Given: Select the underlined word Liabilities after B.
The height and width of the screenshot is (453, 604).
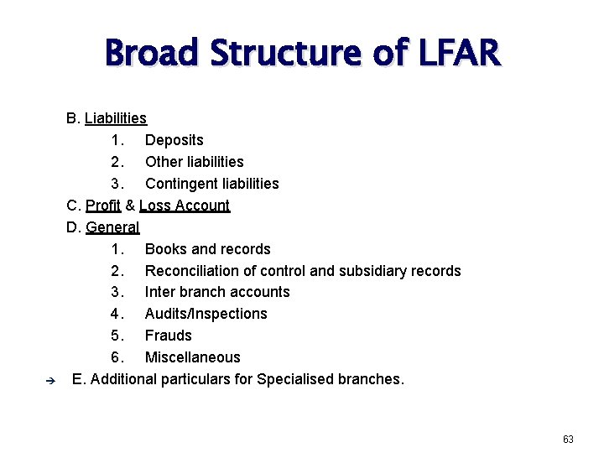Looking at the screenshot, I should pos(116,118).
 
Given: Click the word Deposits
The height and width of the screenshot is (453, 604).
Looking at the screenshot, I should pos(174,140).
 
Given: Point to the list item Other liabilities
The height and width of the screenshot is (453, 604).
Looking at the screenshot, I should pos(194,162).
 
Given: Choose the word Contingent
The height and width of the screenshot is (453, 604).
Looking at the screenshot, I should pos(176,184).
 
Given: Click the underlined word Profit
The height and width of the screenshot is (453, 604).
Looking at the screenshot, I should pos(103,206).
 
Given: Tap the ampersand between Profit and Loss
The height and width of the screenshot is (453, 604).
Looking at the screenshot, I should pos(130,206).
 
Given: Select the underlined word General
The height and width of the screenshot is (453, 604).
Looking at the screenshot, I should pos(112,227).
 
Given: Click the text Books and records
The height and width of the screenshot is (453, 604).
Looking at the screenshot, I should pos(207,249).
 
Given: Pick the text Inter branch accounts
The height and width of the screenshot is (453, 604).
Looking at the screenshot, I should pos(217,292).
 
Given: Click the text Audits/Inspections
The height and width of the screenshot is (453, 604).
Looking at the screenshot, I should pos(206,314).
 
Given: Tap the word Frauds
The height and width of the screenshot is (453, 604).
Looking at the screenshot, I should pos(168,336).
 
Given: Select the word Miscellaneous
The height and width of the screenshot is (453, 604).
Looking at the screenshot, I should pos(192,357).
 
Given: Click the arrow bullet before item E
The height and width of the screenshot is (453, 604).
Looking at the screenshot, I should pos(49,380).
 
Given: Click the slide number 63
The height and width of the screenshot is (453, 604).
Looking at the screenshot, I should pos(568,439).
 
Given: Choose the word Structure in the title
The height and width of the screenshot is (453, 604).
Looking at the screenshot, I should pos(289,54).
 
